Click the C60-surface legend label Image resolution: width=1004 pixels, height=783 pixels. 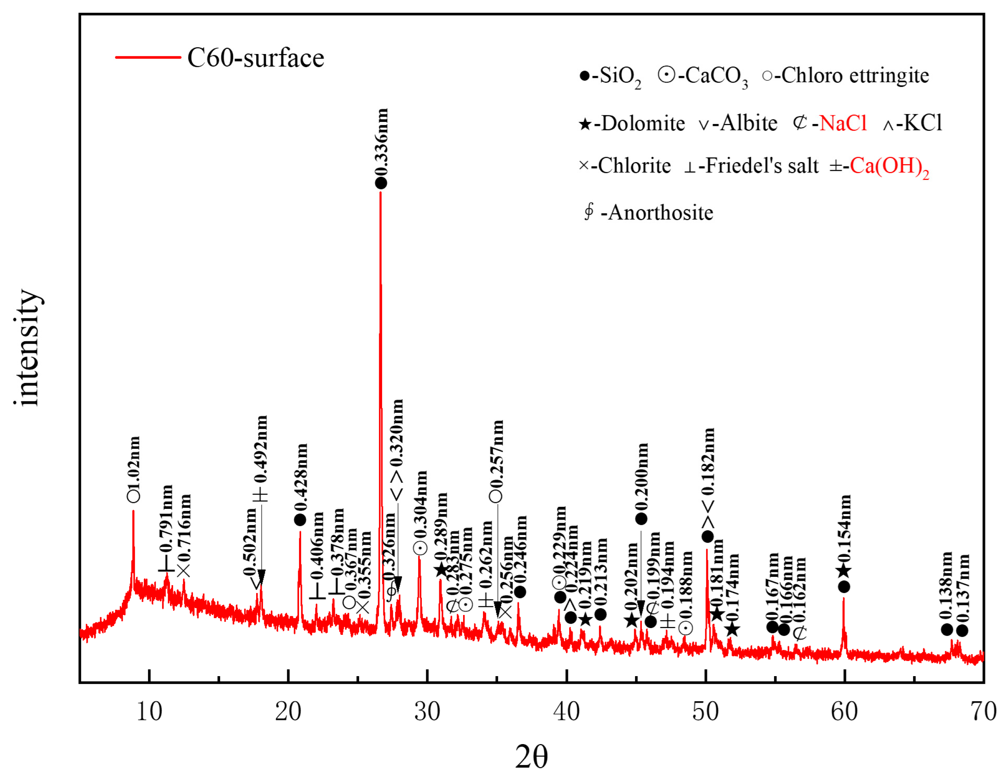[256, 58]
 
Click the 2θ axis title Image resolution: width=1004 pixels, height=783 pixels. [531, 757]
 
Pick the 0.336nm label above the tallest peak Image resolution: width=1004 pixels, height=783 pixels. [382, 142]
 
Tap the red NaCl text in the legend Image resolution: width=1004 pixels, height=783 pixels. [843, 123]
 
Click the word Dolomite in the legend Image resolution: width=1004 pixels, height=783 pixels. [643, 123]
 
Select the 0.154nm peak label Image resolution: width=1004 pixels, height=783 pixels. [844, 528]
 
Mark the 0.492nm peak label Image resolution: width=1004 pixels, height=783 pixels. [261, 450]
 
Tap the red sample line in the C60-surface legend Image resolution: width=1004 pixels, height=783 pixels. [148, 58]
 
